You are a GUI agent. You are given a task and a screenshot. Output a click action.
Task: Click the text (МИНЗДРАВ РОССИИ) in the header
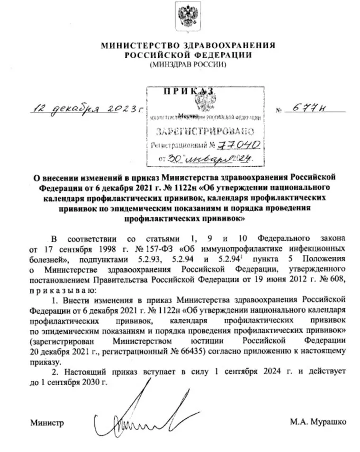tap(188, 64)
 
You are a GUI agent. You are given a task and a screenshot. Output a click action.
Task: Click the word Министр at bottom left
tap(47, 422)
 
